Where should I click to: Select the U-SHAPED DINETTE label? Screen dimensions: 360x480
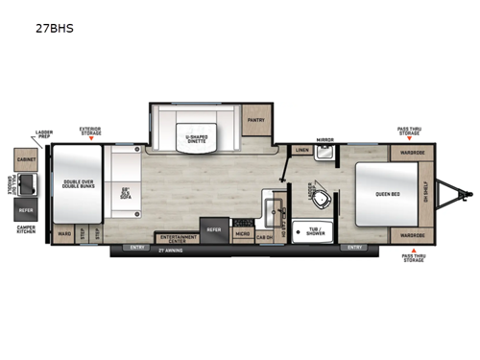click(197, 137)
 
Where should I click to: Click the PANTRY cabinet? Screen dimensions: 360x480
click(255, 120)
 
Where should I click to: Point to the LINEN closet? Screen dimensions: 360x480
click(301, 151)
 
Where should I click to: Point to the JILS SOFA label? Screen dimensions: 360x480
click(124, 191)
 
